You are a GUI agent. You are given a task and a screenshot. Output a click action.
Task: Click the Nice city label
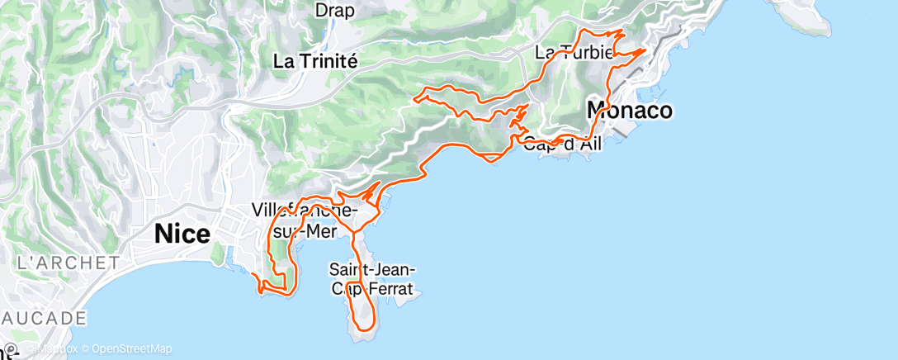tap(182, 234)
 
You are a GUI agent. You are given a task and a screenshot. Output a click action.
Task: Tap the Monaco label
tap(629, 109)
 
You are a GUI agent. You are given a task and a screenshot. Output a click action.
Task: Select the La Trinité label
tap(315, 60)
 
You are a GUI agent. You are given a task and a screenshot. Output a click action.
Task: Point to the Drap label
tap(335, 11)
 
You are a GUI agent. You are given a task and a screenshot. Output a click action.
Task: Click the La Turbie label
tap(574, 53)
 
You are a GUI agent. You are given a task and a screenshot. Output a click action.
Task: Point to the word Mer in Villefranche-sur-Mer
tap(323, 231)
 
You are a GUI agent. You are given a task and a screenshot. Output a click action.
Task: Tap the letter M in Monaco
tap(597, 109)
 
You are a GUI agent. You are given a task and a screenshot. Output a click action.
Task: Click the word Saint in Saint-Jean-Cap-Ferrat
tap(347, 269)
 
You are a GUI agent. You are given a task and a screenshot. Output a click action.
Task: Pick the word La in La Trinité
tap(285, 60)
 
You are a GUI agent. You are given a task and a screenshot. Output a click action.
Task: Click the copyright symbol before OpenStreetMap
tap(85, 348)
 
